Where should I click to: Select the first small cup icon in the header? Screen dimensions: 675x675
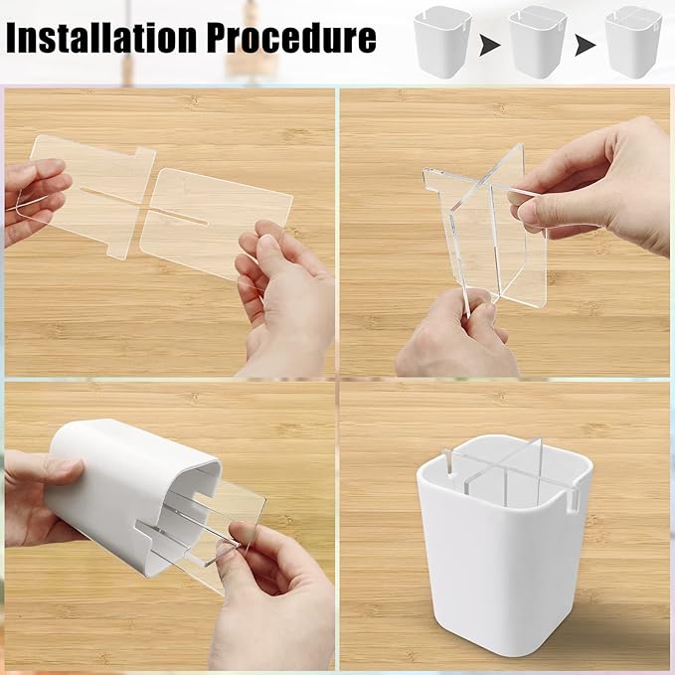tap(441, 42)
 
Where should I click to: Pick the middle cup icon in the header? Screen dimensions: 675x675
tap(537, 42)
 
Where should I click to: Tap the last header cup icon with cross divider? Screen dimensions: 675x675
tap(633, 42)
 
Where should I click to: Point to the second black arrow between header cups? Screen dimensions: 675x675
tap(586, 45)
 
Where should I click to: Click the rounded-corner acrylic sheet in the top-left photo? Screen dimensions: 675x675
tap(215, 221)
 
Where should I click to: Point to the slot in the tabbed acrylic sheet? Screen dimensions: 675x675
tap(111, 191)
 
